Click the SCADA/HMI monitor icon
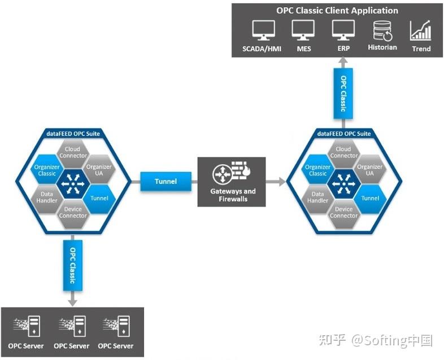click(x=263, y=30)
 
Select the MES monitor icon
click(x=303, y=30)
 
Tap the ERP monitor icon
click(x=343, y=30)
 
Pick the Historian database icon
click(x=382, y=31)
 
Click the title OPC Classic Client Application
click(x=337, y=11)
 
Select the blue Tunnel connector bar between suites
click(x=166, y=181)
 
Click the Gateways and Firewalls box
click(x=233, y=181)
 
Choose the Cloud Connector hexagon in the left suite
click(x=73, y=152)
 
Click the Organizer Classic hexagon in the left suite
click(x=47, y=170)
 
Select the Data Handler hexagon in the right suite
click(x=317, y=197)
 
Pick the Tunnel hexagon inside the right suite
click(x=370, y=198)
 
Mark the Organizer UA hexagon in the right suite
click(x=370, y=170)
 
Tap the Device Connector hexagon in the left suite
click(x=73, y=213)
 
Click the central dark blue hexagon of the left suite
click(x=73, y=182)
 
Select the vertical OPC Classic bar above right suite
click(x=343, y=94)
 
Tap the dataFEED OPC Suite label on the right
click(x=344, y=134)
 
